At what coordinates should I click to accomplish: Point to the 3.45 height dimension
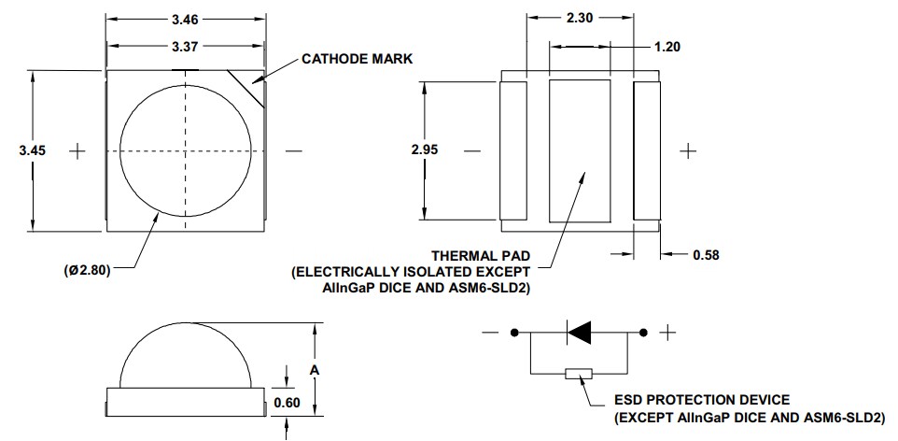click(33, 149)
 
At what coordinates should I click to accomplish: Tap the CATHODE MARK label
click(357, 58)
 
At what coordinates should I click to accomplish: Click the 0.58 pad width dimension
click(706, 254)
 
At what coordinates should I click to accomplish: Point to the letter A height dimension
click(315, 370)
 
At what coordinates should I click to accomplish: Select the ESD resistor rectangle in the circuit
click(580, 374)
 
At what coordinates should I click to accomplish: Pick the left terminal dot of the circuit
click(513, 332)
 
